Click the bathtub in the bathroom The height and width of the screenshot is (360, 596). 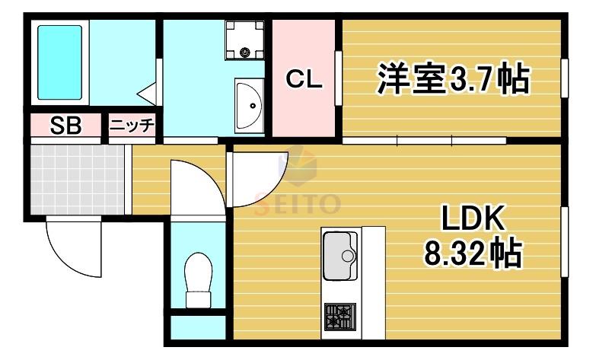[59, 62]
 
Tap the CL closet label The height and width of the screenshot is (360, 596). [304, 79]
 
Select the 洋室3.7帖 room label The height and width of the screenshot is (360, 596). [452, 79]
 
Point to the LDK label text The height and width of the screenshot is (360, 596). [473, 218]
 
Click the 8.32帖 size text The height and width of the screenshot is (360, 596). [472, 253]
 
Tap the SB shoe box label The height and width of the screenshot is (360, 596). [65, 126]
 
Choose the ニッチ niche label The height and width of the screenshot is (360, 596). [132, 125]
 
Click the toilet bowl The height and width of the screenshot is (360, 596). [198, 272]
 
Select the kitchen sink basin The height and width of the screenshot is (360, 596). [339, 256]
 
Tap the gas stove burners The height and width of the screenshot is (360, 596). [340, 317]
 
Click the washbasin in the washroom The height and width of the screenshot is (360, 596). [249, 106]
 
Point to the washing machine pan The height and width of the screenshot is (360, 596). [244, 40]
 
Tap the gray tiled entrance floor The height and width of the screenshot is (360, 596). [77, 180]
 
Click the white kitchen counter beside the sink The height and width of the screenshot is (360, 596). [373, 283]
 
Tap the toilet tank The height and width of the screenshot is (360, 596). [198, 300]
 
